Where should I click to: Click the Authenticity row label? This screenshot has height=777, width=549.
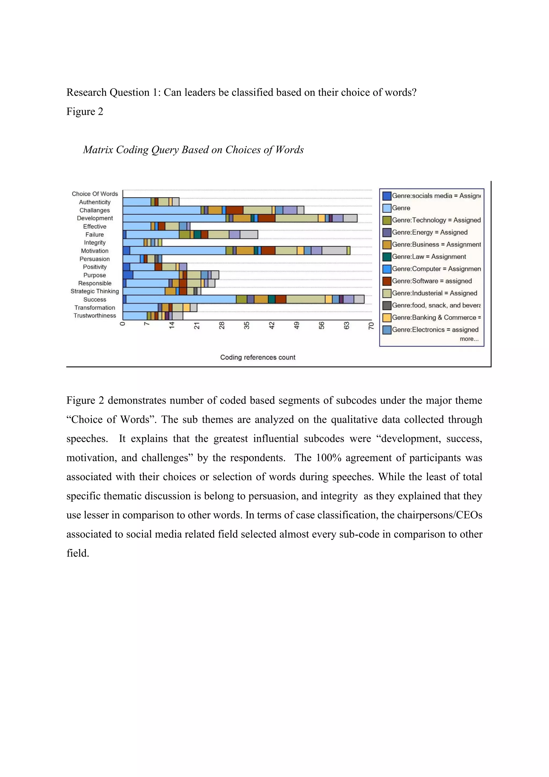pyautogui.click(x=95, y=202)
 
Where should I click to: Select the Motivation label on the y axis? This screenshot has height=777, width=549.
pyautogui.click(x=95, y=251)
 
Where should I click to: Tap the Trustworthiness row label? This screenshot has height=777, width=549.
pyautogui.click(x=95, y=316)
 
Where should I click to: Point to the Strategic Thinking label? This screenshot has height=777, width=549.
pyautogui.click(x=95, y=291)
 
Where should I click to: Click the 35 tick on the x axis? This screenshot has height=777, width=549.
pyautogui.click(x=247, y=325)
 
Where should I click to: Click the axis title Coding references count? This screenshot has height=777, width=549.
pyautogui.click(x=258, y=357)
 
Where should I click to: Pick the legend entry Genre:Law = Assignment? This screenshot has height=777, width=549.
pyautogui.click(x=429, y=256)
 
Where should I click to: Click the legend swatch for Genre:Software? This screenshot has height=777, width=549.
pyautogui.click(x=387, y=281)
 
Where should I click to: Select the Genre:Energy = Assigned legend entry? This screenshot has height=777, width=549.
pyautogui.click(x=429, y=232)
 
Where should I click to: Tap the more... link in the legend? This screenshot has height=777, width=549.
pyautogui.click(x=469, y=339)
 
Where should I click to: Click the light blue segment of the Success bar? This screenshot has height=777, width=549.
pyautogui.click(x=181, y=299)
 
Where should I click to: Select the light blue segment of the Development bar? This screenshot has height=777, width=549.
pyautogui.click(x=174, y=218)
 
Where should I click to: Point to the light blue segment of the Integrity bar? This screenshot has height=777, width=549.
pyautogui.click(x=133, y=242)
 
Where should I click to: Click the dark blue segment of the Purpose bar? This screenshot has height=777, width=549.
pyautogui.click(x=128, y=275)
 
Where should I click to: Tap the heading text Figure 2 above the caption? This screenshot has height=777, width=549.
pyautogui.click(x=84, y=111)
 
